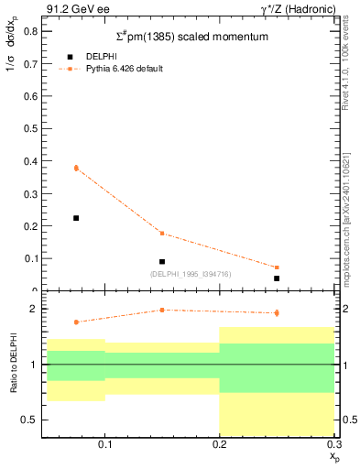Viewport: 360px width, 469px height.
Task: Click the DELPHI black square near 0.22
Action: coord(76,218)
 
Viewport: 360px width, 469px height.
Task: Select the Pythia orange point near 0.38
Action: coord(76,168)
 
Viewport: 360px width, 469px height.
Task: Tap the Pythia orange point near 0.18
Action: coord(162,233)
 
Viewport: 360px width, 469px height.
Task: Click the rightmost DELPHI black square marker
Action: coord(277,278)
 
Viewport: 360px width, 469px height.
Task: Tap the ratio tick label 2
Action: coord(32,309)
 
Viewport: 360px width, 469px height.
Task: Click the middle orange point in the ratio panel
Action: coord(162,310)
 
